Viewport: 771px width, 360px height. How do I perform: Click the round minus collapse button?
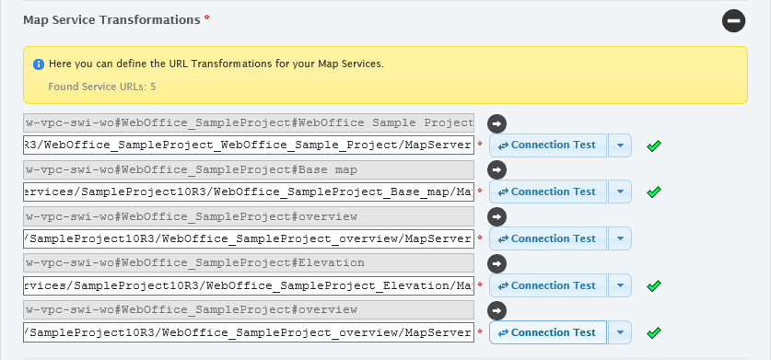pyautogui.click(x=733, y=20)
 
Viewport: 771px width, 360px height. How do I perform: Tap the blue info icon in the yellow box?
pyautogui.click(x=39, y=64)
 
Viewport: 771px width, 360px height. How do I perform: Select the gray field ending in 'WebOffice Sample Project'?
pyautogui.click(x=249, y=122)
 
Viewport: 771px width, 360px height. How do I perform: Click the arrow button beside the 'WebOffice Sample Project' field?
pyautogui.click(x=496, y=122)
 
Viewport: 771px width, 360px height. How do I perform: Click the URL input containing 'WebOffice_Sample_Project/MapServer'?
pyautogui.click(x=249, y=145)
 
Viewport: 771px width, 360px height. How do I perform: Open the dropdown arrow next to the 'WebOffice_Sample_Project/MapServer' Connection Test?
pyautogui.click(x=620, y=145)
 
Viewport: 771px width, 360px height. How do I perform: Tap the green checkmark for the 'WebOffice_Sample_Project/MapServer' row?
pyautogui.click(x=654, y=145)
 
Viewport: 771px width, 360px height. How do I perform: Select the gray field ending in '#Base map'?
pyautogui.click(x=249, y=169)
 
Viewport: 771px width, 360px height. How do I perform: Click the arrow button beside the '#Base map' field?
pyautogui.click(x=496, y=169)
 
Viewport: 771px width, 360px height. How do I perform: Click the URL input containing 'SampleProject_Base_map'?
pyautogui.click(x=249, y=192)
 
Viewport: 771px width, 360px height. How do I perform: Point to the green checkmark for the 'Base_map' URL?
pyautogui.click(x=654, y=192)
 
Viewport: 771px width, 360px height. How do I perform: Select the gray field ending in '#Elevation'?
pyautogui.click(x=249, y=263)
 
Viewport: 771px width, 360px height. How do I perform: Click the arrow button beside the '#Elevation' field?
pyautogui.click(x=496, y=263)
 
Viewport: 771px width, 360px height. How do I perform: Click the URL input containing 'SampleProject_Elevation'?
pyautogui.click(x=249, y=286)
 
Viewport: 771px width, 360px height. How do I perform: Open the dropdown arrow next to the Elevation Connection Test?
pyautogui.click(x=620, y=286)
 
